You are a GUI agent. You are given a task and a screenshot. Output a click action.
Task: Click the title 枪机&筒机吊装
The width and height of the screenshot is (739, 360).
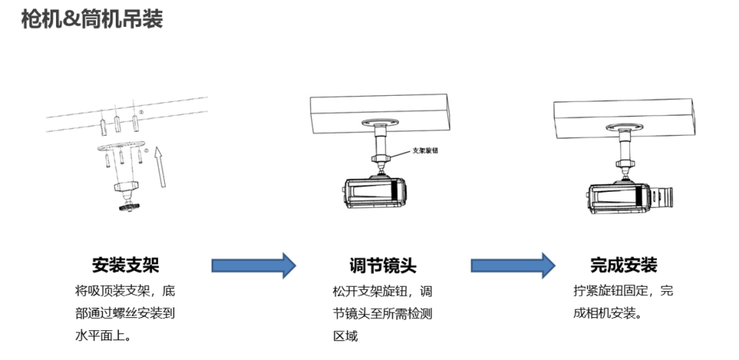coord(92,19)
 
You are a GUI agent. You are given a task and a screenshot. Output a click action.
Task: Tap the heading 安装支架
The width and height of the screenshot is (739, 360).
coord(125,265)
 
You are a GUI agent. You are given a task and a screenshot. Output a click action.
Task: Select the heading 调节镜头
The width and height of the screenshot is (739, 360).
coord(382,265)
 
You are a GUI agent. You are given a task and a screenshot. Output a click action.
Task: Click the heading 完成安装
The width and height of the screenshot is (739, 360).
coord(624,264)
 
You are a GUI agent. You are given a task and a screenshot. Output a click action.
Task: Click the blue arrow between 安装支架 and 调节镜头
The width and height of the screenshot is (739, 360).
coord(253,265)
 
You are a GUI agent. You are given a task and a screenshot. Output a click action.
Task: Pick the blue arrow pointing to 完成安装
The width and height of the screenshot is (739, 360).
coord(513,265)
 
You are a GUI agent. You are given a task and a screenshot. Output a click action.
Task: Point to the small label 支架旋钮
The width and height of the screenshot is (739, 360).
coord(426,150)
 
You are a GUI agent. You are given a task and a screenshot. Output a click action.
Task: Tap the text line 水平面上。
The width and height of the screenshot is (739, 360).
coord(103,336)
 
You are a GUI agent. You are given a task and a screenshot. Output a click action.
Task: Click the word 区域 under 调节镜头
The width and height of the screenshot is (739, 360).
coord(345,336)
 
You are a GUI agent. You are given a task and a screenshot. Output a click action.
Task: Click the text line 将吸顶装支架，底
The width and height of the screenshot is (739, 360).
coord(125,290)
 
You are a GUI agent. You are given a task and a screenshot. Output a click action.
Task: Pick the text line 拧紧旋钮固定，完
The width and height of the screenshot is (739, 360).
coord(622,290)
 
